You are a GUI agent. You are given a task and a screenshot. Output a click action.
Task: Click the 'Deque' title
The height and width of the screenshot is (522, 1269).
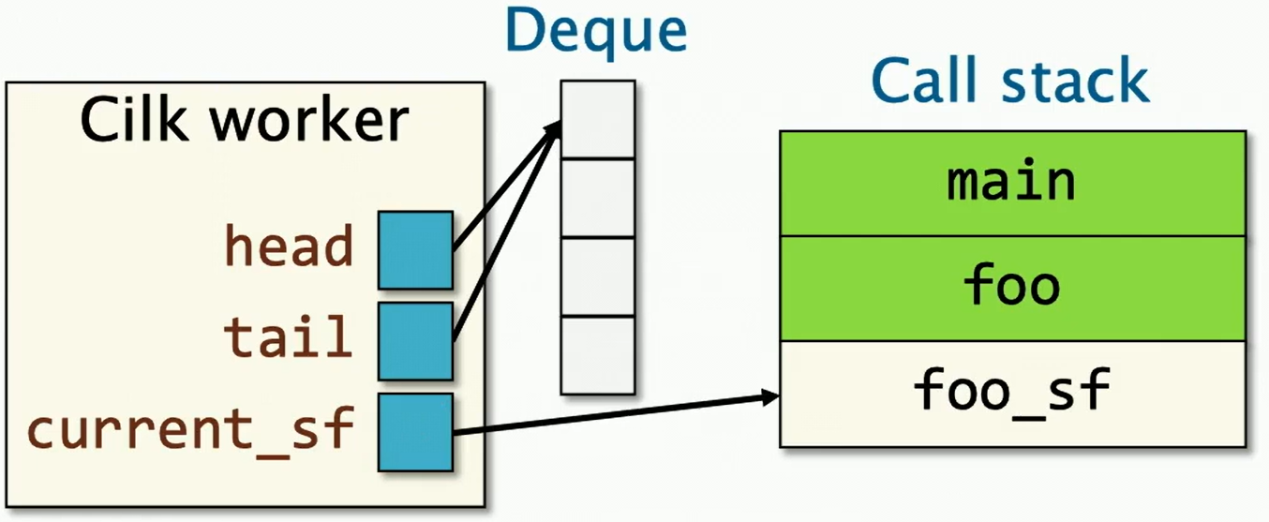[596, 32]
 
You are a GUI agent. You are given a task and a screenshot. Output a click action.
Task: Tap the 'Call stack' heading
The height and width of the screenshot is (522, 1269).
[1010, 81]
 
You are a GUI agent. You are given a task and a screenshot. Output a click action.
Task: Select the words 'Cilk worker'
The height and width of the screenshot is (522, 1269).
[245, 119]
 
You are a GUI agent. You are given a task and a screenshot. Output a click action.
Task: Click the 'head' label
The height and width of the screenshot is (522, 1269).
[289, 246]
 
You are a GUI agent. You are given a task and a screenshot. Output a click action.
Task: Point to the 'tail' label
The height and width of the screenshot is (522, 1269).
[289, 336]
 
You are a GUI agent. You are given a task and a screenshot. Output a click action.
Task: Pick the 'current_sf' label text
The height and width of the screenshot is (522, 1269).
[191, 428]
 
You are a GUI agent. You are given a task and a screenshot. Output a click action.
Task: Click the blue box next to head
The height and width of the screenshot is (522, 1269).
[416, 250]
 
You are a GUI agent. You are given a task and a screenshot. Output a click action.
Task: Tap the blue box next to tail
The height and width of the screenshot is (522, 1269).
[416, 341]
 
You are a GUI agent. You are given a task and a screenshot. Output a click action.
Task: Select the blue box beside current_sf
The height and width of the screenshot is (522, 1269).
[416, 432]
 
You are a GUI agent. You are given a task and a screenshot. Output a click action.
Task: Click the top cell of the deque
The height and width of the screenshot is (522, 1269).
[598, 120]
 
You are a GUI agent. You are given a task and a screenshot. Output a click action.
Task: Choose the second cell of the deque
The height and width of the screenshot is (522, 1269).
[598, 198]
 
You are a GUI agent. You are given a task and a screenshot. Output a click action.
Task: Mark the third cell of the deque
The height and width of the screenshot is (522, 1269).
[598, 276]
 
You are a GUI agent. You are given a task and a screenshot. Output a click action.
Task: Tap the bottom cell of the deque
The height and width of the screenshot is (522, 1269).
[598, 355]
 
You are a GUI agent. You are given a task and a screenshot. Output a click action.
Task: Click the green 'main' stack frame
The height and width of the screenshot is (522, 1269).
[1013, 184]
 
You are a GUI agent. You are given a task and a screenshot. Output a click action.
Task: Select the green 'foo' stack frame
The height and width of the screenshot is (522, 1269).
[1013, 289]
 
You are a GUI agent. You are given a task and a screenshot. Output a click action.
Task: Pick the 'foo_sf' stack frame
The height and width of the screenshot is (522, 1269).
[1013, 395]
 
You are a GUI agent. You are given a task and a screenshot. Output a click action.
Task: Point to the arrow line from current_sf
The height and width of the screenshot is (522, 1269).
[617, 415]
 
